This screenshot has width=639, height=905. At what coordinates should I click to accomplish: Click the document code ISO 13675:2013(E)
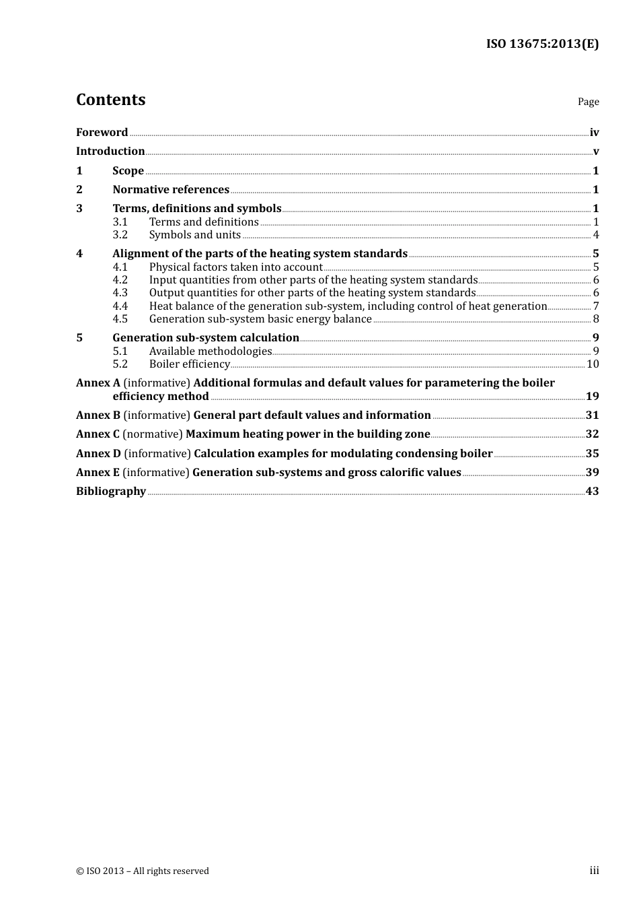pos(542,44)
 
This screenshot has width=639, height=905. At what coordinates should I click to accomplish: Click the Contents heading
pos(110,100)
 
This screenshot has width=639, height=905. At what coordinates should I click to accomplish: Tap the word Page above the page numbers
pos(588,102)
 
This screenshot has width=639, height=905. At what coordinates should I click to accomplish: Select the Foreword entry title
pos(102,133)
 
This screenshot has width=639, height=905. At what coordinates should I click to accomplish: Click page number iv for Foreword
pos(594,133)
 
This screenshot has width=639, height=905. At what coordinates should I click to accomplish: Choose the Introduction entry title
pos(110,152)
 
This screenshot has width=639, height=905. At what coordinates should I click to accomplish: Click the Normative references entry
pos(171,190)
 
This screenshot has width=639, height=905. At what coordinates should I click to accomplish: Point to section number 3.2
pos(120,235)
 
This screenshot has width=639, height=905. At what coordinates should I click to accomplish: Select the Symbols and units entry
pos(194,235)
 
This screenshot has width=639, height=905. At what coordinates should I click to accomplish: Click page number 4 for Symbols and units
pos(596,235)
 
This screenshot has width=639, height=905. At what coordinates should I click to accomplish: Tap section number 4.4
pos(120,306)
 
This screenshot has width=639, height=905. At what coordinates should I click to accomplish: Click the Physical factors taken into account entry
pos(235,267)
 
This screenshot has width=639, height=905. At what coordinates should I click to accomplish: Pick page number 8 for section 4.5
pos(596,319)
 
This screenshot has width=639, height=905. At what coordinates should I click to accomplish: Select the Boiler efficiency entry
pos(189,364)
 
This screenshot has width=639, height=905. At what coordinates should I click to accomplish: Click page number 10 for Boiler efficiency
pos(593,364)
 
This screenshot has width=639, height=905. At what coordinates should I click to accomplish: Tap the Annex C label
pos(98,434)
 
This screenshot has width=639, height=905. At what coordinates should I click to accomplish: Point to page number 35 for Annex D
pos(592,454)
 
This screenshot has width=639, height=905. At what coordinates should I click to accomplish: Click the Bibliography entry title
pos(111,492)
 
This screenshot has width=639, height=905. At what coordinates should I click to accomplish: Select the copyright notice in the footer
pos(143,871)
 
